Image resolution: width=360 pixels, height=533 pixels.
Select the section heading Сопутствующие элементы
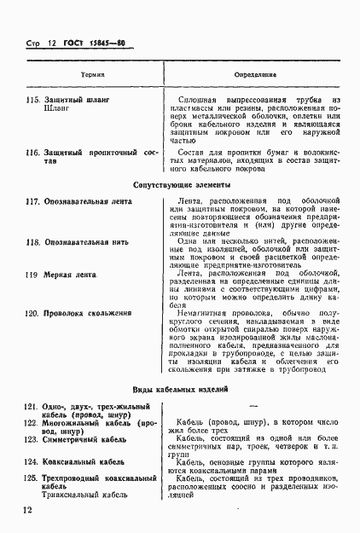click(x=183, y=185)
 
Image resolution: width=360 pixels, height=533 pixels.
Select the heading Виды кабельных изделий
click(x=184, y=389)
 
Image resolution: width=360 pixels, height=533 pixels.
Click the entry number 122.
click(x=32, y=422)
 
